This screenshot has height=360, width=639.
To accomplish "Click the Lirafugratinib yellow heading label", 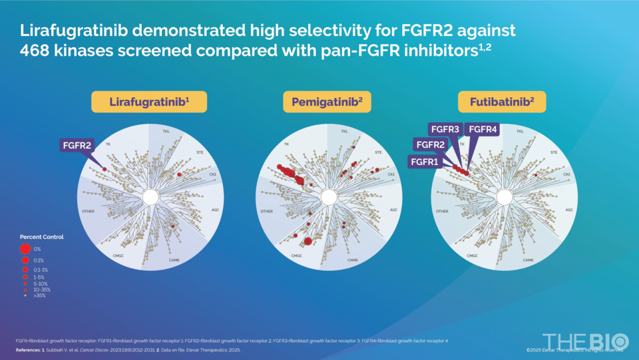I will coord(149,102).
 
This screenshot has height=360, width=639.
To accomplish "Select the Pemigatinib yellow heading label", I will coord(327,102).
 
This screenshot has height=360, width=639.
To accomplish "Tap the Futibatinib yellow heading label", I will coord(502,102).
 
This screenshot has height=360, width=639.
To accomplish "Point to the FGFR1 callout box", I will coord(423,160).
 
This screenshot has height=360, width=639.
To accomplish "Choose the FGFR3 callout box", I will coord(445,128).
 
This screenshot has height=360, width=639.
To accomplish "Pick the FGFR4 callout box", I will coord(482,128).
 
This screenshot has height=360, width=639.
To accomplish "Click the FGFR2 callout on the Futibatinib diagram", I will coord(430,144).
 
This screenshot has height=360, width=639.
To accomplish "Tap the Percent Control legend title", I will coord(42,237).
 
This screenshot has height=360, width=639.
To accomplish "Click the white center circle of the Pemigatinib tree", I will coord(327,198).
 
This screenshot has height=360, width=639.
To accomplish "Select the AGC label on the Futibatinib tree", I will coord(569,210).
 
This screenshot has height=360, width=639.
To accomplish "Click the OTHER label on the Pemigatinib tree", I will coord(266,212).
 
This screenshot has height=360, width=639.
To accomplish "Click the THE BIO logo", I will coord(584,339).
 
